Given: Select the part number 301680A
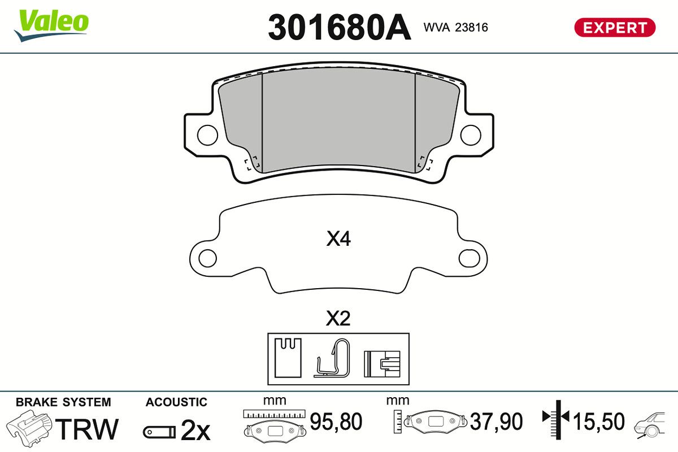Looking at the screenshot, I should tap(339, 27).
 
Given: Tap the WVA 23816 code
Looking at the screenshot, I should tap(455, 27).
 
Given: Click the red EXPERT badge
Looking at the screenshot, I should tap(615, 27).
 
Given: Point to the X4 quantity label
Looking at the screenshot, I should tap(338, 240).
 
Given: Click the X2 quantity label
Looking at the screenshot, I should tap(338, 319).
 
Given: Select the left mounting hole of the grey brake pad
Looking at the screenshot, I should tap(207, 134).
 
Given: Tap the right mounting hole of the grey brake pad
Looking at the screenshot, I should tap(470, 134).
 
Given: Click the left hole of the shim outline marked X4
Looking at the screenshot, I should tap(208, 259).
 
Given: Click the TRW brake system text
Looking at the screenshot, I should tap(89, 429).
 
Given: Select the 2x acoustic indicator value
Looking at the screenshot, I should tap(195, 431).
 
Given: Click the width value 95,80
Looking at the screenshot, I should tap(336, 421).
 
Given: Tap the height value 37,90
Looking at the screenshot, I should tap(497, 421).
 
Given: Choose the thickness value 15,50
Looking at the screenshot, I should tap(599, 421).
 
